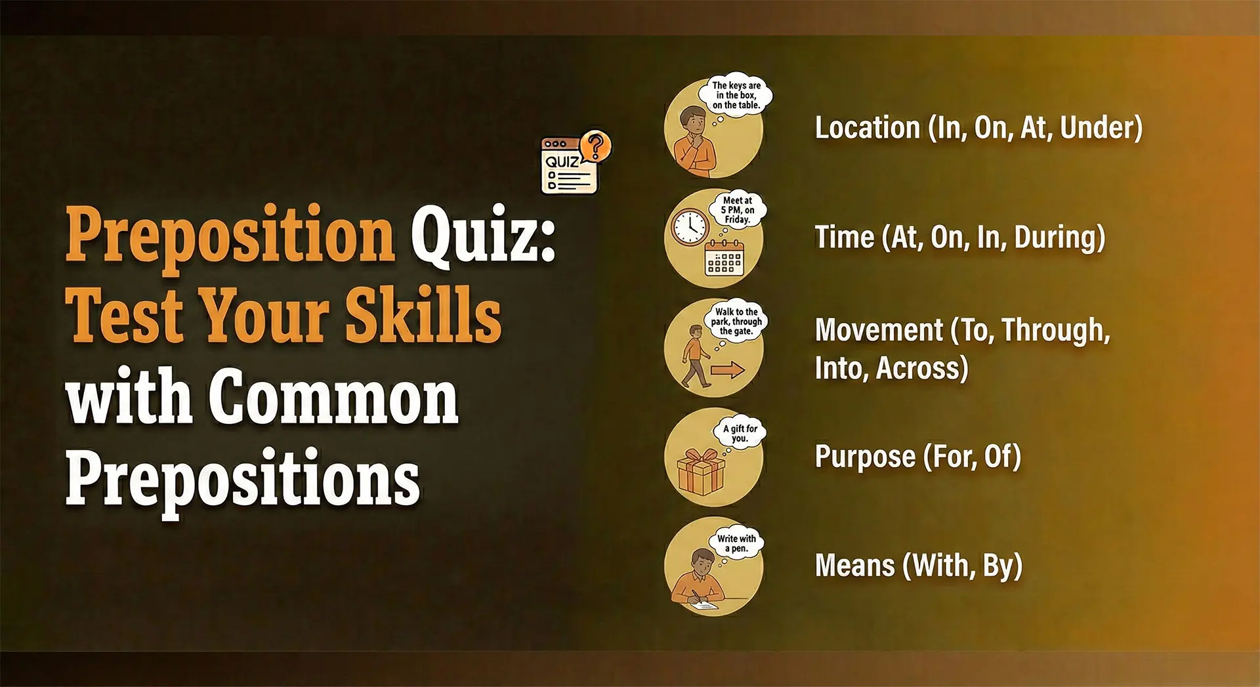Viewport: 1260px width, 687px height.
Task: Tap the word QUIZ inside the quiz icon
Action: [x=562, y=162]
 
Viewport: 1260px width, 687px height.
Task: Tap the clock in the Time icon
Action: [x=690, y=228]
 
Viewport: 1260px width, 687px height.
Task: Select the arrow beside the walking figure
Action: [x=728, y=371]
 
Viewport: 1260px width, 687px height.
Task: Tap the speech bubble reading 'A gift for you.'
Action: [x=740, y=433]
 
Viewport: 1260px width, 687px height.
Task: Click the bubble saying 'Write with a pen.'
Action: [x=736, y=543]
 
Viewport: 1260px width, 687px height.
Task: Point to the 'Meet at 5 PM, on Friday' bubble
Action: [x=738, y=210]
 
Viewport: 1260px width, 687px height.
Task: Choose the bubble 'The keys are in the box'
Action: [x=736, y=94]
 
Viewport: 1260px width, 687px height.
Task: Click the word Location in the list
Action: [x=867, y=127]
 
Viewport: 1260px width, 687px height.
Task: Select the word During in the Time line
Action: [x=1059, y=238]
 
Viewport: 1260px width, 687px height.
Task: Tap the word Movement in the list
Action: [x=879, y=330]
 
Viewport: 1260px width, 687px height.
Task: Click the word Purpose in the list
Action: [x=865, y=457]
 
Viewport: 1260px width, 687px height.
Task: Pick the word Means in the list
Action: [x=854, y=566]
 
